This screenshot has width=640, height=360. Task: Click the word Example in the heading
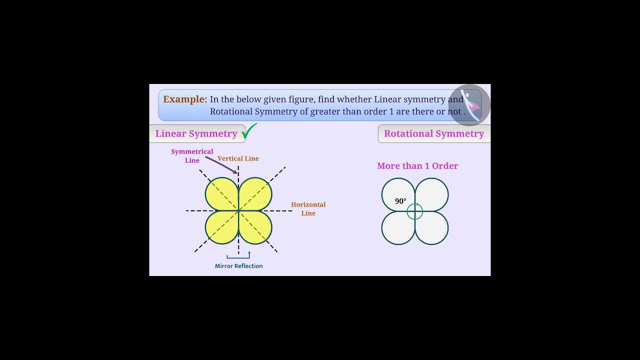pyautogui.click(x=184, y=99)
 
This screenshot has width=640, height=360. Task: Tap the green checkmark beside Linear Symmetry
pyautogui.click(x=249, y=131)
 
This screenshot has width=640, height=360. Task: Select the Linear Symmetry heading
pyautogui.click(x=196, y=133)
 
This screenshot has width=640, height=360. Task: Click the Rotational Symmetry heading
pyautogui.click(x=433, y=133)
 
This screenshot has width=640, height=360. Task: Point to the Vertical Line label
pyautogui.click(x=238, y=158)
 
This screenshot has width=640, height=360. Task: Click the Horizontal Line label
pyautogui.click(x=308, y=208)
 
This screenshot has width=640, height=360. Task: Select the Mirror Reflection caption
pyautogui.click(x=238, y=266)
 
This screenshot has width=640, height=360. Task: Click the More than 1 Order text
pyautogui.click(x=417, y=166)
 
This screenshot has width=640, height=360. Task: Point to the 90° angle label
pyautogui.click(x=400, y=201)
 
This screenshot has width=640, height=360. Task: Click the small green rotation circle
pyautogui.click(x=415, y=211)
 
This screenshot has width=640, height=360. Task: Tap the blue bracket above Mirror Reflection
pyautogui.click(x=238, y=256)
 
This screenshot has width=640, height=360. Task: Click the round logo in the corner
pyautogui.click(x=469, y=105)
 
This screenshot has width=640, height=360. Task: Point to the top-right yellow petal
pyautogui.click(x=255, y=194)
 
